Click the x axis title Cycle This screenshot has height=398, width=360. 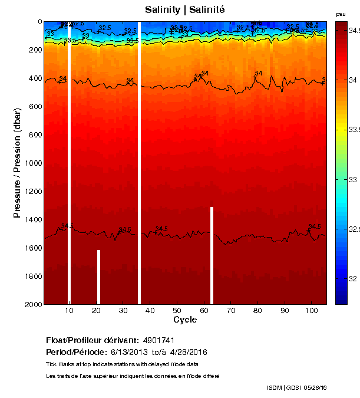pos(185,320)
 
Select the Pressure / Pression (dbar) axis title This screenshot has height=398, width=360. pos(17,164)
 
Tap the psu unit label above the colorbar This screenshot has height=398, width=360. pos(341,14)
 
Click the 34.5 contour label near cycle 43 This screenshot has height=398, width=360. pos(161,229)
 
